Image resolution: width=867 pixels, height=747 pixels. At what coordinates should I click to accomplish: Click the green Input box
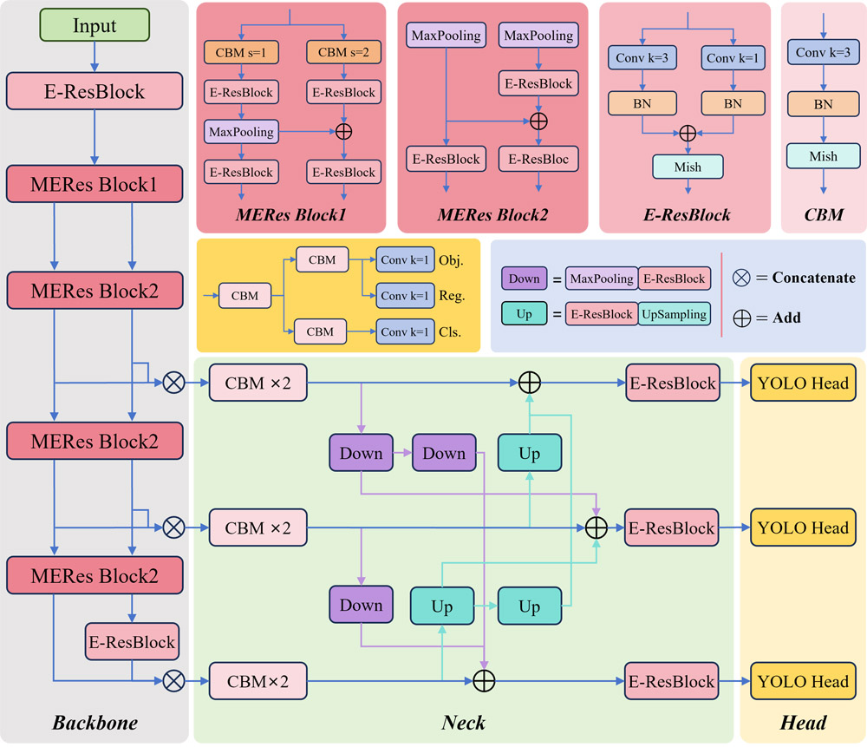click(x=95, y=26)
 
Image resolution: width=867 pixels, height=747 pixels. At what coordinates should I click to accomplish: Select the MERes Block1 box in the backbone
click(x=95, y=185)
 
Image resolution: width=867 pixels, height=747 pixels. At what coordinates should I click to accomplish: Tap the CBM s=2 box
click(x=342, y=52)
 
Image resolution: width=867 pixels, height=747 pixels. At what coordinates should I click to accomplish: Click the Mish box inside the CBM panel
click(x=823, y=156)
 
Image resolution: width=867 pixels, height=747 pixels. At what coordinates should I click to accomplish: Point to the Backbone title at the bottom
click(x=95, y=722)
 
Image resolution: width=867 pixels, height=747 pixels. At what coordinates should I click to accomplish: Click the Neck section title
click(x=464, y=722)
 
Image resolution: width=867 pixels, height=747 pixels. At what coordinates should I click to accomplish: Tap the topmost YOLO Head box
click(x=803, y=383)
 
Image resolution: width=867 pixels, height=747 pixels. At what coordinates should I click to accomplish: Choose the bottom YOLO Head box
click(x=803, y=681)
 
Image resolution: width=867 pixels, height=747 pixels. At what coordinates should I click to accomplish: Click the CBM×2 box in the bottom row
click(x=257, y=681)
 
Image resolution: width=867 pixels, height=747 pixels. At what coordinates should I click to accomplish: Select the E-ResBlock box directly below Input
click(x=95, y=90)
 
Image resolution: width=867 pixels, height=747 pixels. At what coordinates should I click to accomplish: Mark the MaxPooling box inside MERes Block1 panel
click(x=239, y=132)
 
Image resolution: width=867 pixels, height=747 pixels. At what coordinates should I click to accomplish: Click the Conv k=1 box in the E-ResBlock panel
click(x=733, y=59)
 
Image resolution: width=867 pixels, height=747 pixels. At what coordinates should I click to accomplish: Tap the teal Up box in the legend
click(x=525, y=314)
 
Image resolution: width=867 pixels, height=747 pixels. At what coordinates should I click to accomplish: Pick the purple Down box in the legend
click(x=525, y=278)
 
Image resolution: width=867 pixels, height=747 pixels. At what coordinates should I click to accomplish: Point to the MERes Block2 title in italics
click(x=493, y=214)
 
